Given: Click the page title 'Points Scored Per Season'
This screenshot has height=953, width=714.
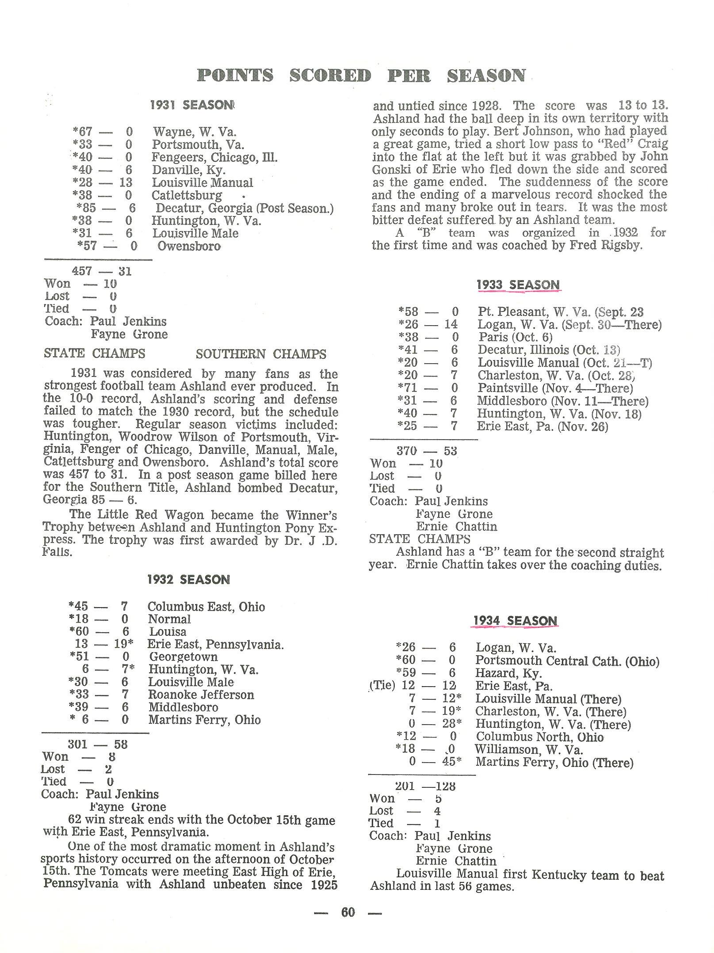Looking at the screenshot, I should click(x=361, y=76).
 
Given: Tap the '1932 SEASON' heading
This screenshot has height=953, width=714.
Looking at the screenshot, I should click(x=189, y=580).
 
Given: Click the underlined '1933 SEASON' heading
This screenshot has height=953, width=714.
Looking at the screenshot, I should click(x=518, y=285).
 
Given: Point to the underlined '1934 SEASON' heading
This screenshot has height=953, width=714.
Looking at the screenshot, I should click(x=515, y=621).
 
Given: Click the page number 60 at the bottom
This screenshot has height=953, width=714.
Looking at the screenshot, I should click(x=348, y=912).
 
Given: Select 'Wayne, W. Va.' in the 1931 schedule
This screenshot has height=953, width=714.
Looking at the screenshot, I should click(x=195, y=132).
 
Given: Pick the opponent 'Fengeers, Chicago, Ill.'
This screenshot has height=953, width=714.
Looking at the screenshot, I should click(x=214, y=157).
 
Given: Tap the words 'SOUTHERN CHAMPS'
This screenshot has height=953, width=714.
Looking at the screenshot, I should click(x=261, y=354).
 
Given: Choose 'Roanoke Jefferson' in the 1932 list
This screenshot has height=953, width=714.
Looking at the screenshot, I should click(x=201, y=695).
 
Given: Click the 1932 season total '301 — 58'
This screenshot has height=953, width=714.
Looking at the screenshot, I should click(x=98, y=744).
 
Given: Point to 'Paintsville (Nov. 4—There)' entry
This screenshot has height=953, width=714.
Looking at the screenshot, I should click(x=555, y=388).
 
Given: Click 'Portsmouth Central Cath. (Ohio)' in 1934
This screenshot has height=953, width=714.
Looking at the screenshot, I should click(x=567, y=661).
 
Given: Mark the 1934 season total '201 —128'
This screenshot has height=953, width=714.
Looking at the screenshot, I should click(x=425, y=786).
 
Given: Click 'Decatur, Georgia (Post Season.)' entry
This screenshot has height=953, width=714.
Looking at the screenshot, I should click(x=244, y=208).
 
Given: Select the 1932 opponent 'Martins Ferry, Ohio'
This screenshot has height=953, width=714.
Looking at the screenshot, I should click(x=204, y=720).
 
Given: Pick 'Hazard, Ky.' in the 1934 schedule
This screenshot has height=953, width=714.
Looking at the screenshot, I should click(x=508, y=674).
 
